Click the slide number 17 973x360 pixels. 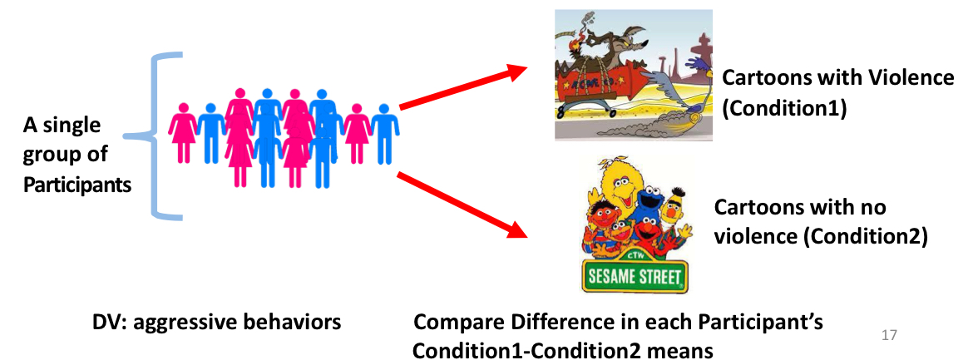click(x=889, y=335)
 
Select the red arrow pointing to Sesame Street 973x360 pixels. click(x=462, y=205)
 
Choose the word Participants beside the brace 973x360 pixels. click(x=77, y=185)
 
